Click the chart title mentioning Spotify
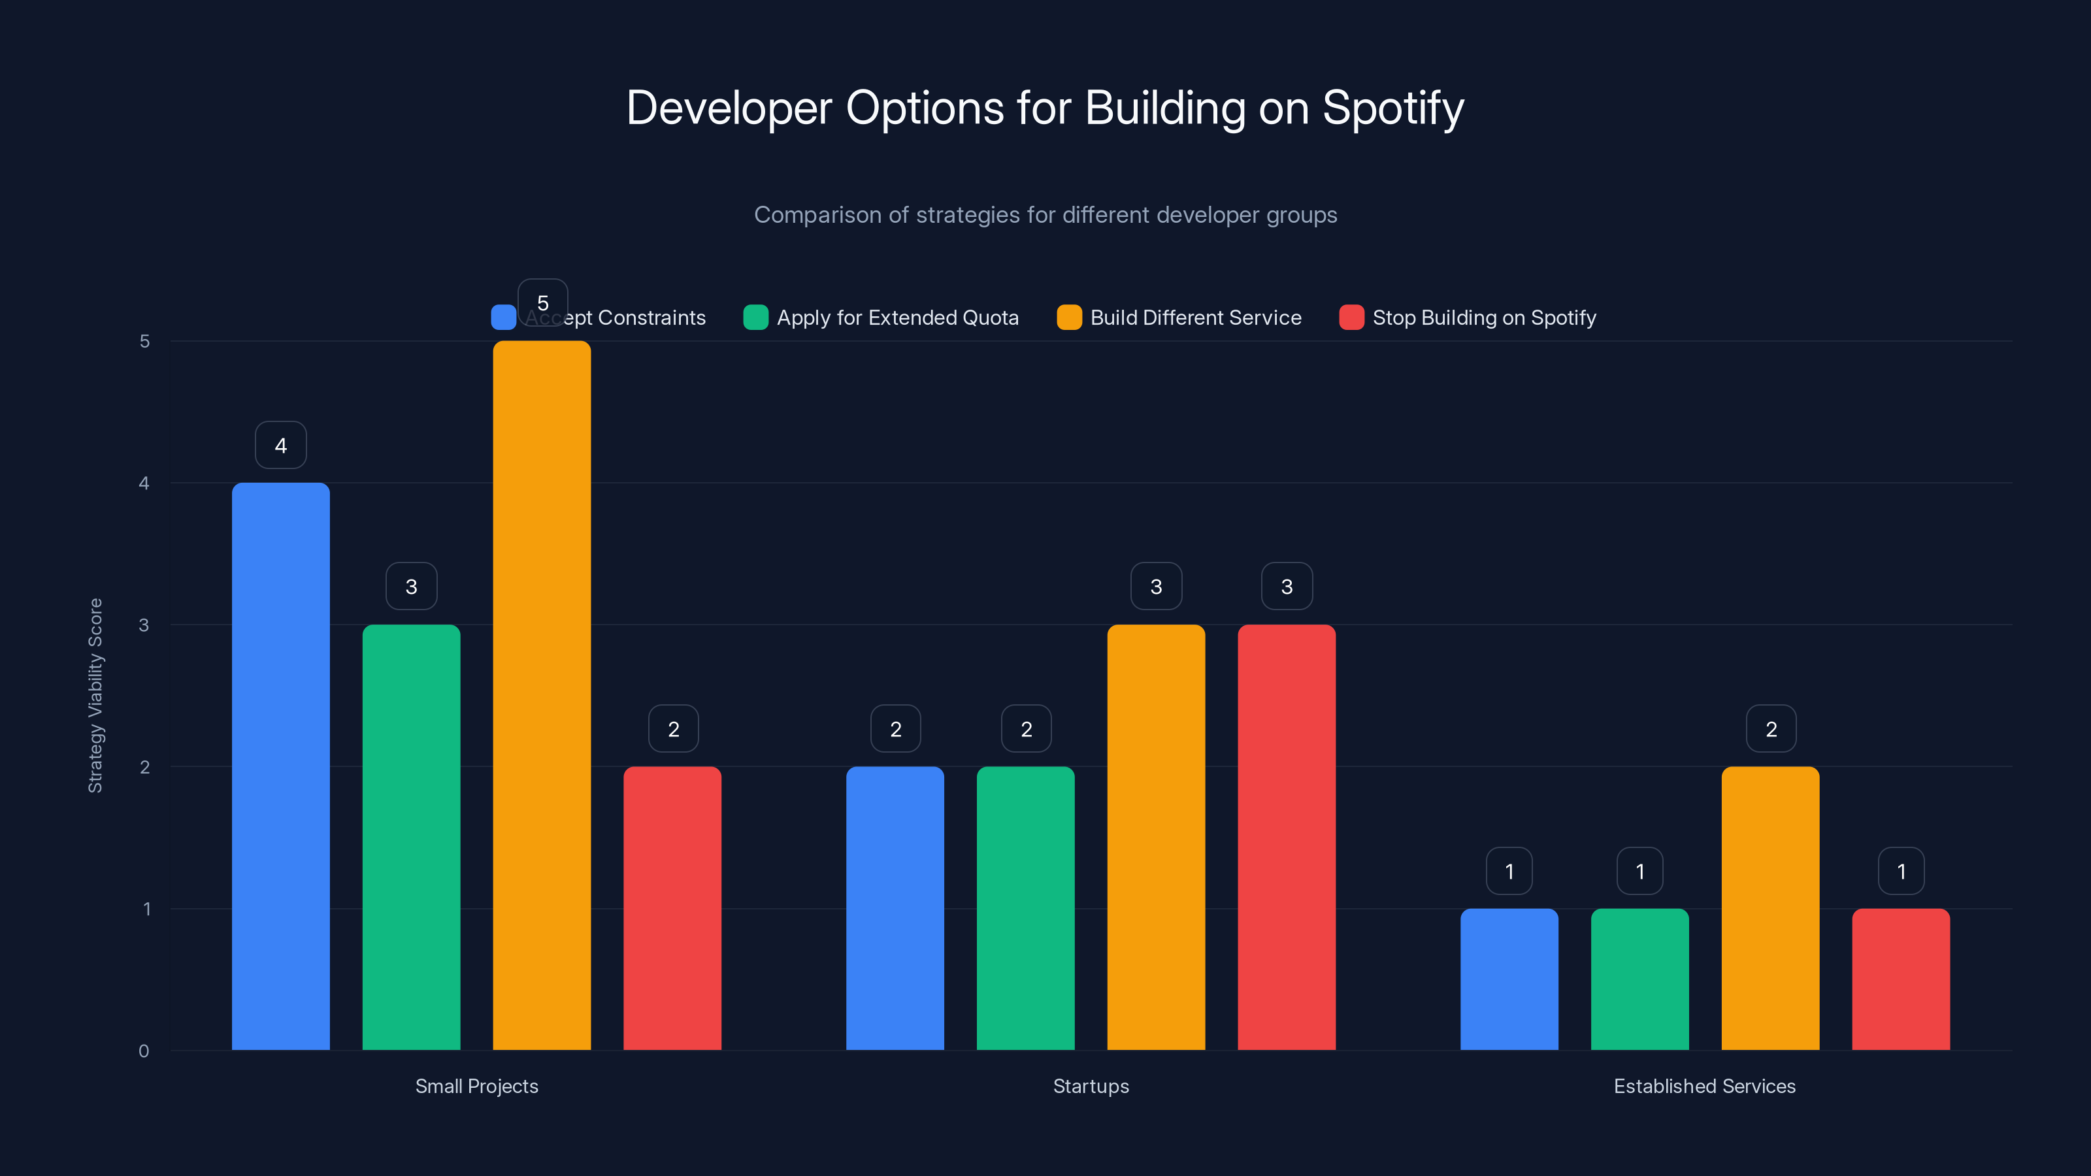(x=1045, y=108)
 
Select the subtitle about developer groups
(x=1045, y=215)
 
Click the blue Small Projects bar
(x=281, y=766)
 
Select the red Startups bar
(x=1286, y=837)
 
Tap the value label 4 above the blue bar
(x=281, y=445)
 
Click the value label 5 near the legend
(x=543, y=302)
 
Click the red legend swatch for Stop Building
(x=1351, y=318)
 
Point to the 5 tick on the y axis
(x=144, y=341)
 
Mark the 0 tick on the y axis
(x=144, y=1051)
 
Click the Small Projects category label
(x=476, y=1086)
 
